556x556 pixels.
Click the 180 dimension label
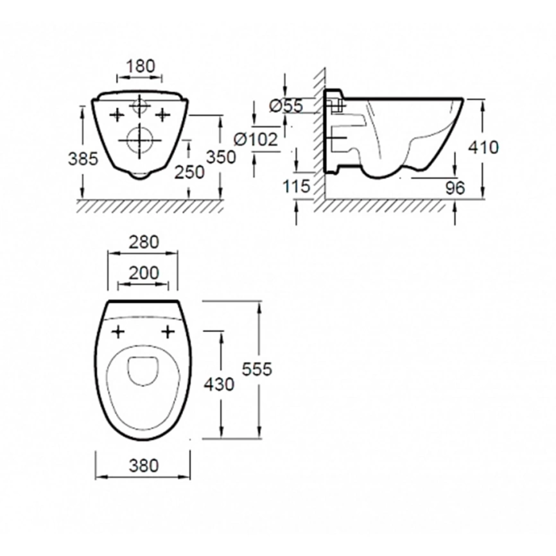(x=141, y=66)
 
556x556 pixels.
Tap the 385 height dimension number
(x=83, y=159)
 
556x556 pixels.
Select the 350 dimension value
(x=222, y=157)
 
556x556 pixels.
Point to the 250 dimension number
(x=189, y=172)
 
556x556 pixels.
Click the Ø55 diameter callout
(x=286, y=106)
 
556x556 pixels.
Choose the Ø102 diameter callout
(x=256, y=139)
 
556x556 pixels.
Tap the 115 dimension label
(x=297, y=186)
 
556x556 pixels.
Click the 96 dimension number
(x=455, y=188)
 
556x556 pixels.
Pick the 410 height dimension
(x=483, y=147)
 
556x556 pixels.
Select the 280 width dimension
(x=144, y=243)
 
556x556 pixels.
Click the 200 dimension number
(x=144, y=273)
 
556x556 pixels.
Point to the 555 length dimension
(x=257, y=369)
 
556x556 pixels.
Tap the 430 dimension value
(x=219, y=385)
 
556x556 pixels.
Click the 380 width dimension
(x=144, y=465)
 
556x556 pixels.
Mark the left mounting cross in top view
(x=118, y=333)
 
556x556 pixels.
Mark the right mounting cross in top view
(x=168, y=333)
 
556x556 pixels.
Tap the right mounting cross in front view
(x=163, y=114)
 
